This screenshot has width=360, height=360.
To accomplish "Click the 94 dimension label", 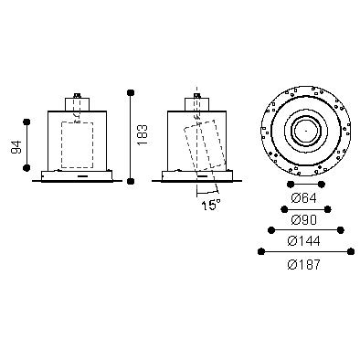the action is (16, 147).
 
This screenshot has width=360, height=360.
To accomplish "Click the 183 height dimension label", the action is (142, 134).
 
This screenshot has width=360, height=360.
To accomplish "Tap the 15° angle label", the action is (211, 205).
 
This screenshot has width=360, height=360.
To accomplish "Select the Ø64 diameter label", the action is (303, 198).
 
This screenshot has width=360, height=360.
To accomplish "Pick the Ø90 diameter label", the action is (303, 219).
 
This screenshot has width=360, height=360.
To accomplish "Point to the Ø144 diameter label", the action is (303, 241).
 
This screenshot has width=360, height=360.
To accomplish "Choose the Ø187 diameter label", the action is (303, 264).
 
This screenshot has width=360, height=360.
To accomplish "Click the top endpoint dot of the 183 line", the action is (131, 92).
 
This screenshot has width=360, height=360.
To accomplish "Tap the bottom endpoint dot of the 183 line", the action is (131, 182).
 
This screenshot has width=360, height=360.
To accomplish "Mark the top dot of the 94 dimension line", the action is (26, 122).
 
